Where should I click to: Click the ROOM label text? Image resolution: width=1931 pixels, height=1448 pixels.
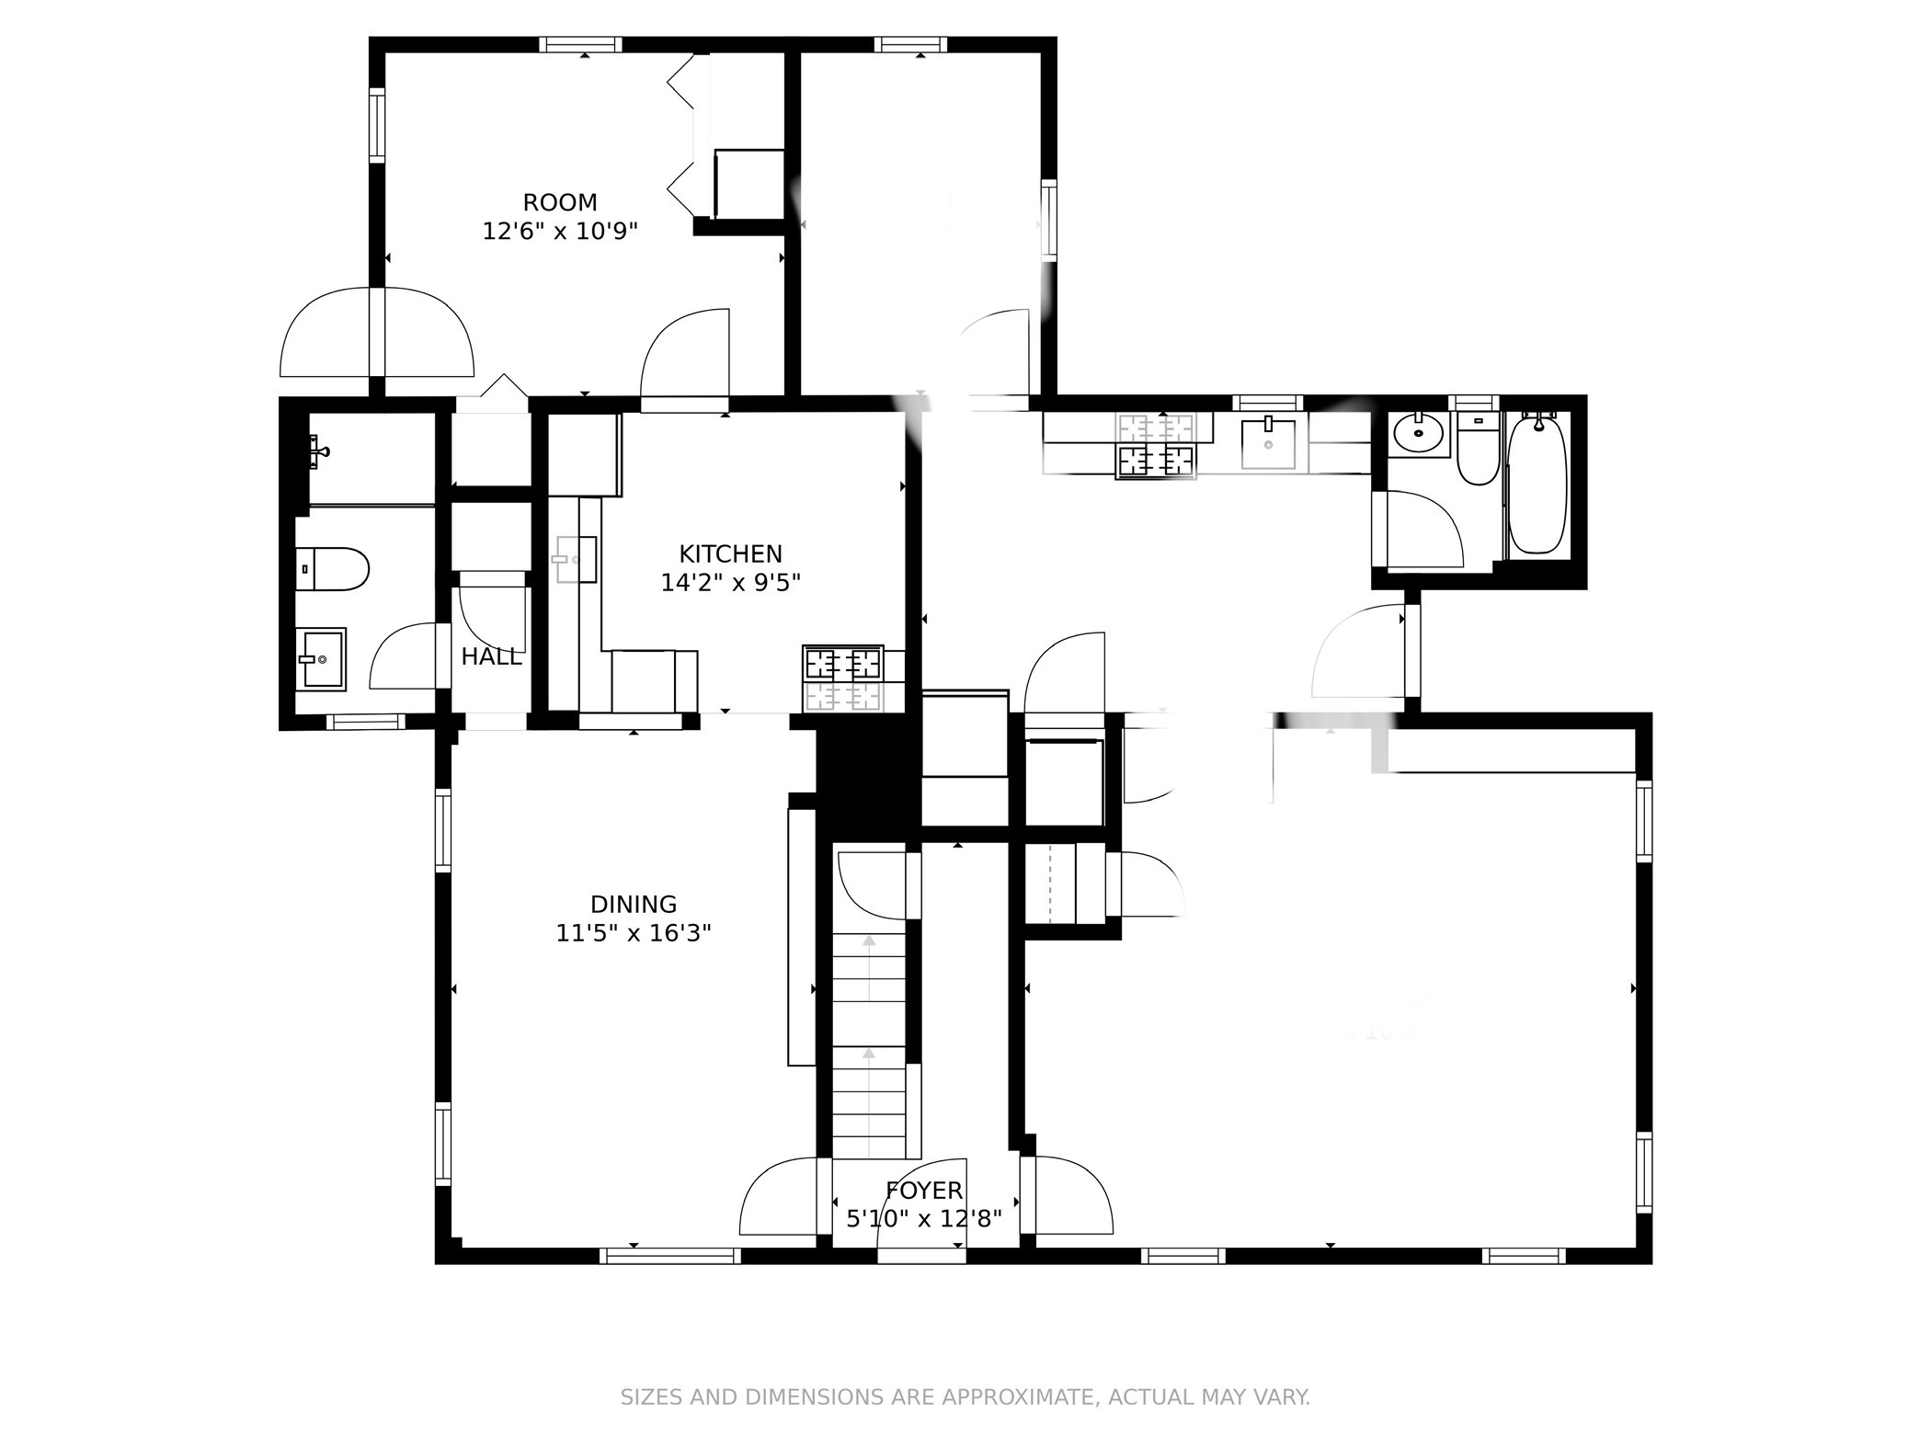pos(559,202)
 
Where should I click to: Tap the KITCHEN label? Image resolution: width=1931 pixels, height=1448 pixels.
pos(730,553)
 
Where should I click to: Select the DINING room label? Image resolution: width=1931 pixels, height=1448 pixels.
pos(633,904)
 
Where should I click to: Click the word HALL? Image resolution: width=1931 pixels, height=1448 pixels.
pos(491,656)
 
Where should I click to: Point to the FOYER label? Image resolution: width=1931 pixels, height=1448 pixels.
pos(923,1191)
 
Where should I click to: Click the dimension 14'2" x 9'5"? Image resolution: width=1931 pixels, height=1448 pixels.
pos(730,582)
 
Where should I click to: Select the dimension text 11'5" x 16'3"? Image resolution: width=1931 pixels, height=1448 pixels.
pos(633,933)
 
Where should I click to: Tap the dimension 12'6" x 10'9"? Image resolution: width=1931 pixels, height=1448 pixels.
pos(559,231)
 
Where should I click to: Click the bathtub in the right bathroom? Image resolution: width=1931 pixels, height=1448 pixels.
pos(1537,485)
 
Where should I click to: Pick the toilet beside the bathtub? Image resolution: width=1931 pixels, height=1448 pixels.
pos(1478,450)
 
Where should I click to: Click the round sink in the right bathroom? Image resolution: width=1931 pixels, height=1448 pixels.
pos(1418,433)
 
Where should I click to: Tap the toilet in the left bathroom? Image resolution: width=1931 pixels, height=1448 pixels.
pos(332,569)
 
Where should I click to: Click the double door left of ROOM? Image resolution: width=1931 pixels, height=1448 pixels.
pos(376,333)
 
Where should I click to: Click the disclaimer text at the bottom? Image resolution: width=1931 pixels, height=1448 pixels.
pos(965,1398)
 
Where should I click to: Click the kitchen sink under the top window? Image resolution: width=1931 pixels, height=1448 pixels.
pos(1268,444)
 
